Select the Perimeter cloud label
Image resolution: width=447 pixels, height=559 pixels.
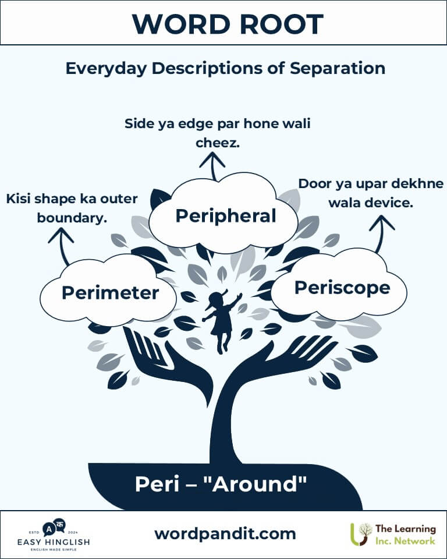tap(110, 292)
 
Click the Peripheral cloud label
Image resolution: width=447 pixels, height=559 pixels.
tap(226, 216)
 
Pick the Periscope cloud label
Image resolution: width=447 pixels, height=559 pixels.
tap(342, 287)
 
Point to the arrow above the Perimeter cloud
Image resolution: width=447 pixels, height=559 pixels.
tap(62, 245)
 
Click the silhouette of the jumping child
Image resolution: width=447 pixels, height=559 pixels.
tap(222, 321)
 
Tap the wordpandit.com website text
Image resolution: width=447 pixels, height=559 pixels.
tap(225, 533)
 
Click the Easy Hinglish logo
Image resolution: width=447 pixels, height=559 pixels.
tap(53, 534)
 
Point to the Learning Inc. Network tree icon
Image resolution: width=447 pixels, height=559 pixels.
tap(361, 533)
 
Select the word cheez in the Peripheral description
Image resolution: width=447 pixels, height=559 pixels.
tap(218, 142)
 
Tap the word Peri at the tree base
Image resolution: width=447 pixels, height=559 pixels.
tap(154, 484)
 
